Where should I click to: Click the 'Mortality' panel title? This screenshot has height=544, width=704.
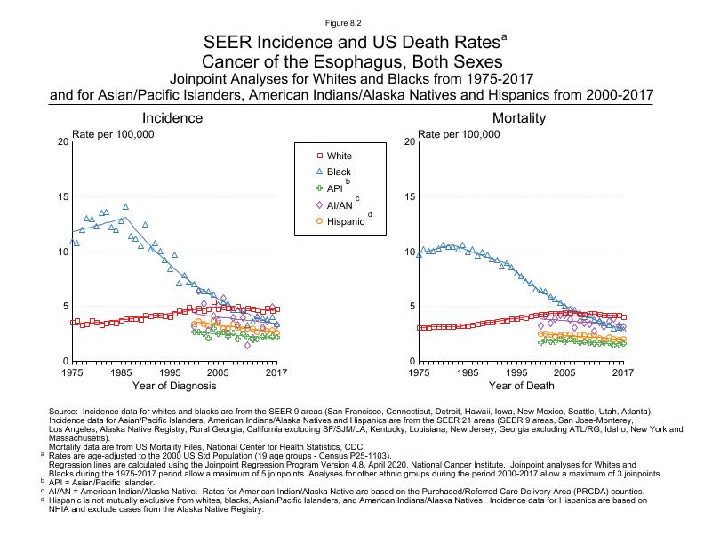point(520,118)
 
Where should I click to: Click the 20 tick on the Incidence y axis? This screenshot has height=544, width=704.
point(61,141)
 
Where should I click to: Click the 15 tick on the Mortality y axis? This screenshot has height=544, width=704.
point(408,196)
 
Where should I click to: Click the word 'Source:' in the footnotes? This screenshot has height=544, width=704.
point(68,412)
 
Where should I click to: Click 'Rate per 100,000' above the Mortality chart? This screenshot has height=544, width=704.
point(459,133)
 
